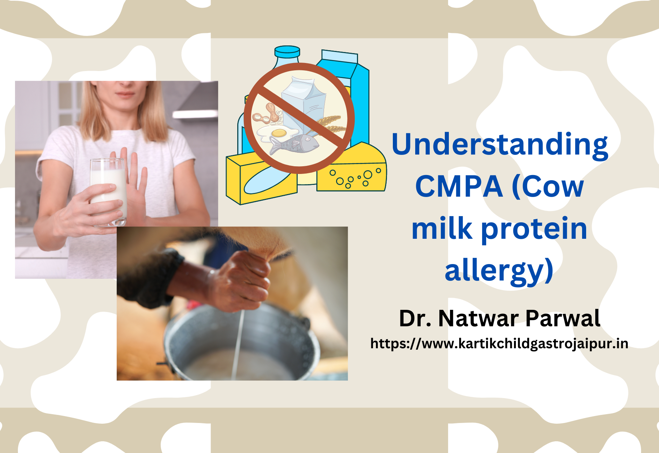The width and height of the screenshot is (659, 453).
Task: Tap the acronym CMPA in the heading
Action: (x=459, y=186)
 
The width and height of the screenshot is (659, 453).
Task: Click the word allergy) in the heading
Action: (x=499, y=271)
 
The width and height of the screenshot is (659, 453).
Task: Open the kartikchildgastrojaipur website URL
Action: (x=499, y=344)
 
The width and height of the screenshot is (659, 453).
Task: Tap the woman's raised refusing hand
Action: (x=135, y=183)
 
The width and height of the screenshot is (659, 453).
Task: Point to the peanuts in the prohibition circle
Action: (x=266, y=114)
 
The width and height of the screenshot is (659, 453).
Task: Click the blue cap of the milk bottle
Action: (x=287, y=52)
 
